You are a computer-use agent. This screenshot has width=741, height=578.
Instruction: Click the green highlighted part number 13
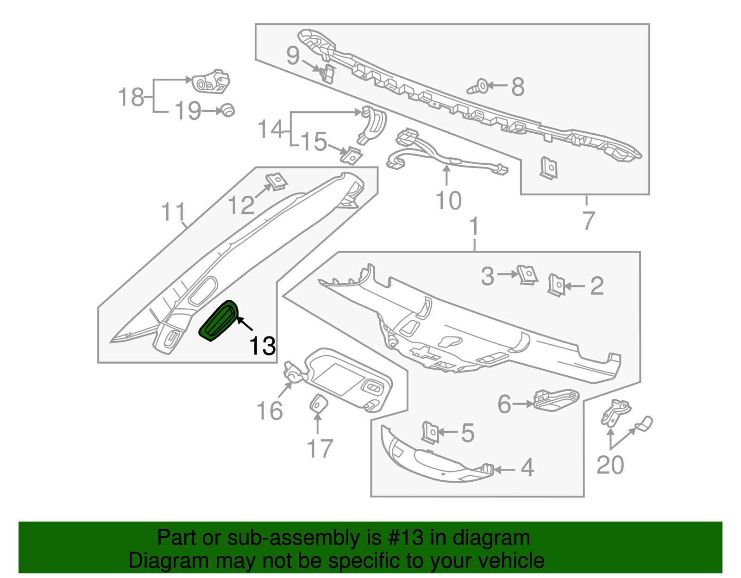pyautogui.click(x=218, y=320)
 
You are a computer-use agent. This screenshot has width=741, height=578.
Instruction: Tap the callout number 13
pyautogui.click(x=263, y=346)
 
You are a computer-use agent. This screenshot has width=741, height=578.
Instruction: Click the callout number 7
pyautogui.click(x=588, y=220)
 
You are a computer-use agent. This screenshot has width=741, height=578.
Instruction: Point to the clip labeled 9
pyautogui.click(x=327, y=73)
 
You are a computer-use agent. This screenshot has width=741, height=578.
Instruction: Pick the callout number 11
pyautogui.click(x=173, y=212)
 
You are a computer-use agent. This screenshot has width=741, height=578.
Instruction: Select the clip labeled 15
pyautogui.click(x=352, y=155)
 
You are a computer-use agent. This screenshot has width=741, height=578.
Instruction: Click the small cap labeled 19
pyautogui.click(x=227, y=110)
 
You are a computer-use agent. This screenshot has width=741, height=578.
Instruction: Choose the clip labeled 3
pyautogui.click(x=527, y=274)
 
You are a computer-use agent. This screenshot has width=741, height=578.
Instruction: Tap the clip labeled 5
pyautogui.click(x=430, y=433)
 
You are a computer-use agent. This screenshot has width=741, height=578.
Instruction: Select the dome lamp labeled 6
pyautogui.click(x=556, y=399)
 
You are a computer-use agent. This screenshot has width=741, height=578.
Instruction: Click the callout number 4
pyautogui.click(x=527, y=468)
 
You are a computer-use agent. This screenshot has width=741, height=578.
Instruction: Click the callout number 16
pyautogui.click(x=270, y=410)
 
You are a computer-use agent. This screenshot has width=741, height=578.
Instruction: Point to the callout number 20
pyautogui.click(x=610, y=465)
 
